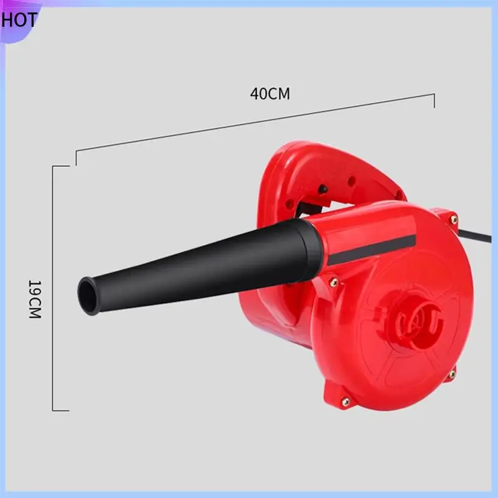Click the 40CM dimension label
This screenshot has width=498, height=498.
pos(270,93)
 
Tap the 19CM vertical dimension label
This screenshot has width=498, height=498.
pos(34,299)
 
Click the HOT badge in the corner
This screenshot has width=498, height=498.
pos(19,19)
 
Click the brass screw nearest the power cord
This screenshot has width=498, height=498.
pos(453,219)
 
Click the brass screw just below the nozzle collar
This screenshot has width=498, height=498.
pos(334,281)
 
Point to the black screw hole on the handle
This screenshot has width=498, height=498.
pos(324,187)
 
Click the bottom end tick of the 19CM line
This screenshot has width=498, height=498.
pos(60,410)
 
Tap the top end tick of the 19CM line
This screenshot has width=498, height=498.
pos(60,166)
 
